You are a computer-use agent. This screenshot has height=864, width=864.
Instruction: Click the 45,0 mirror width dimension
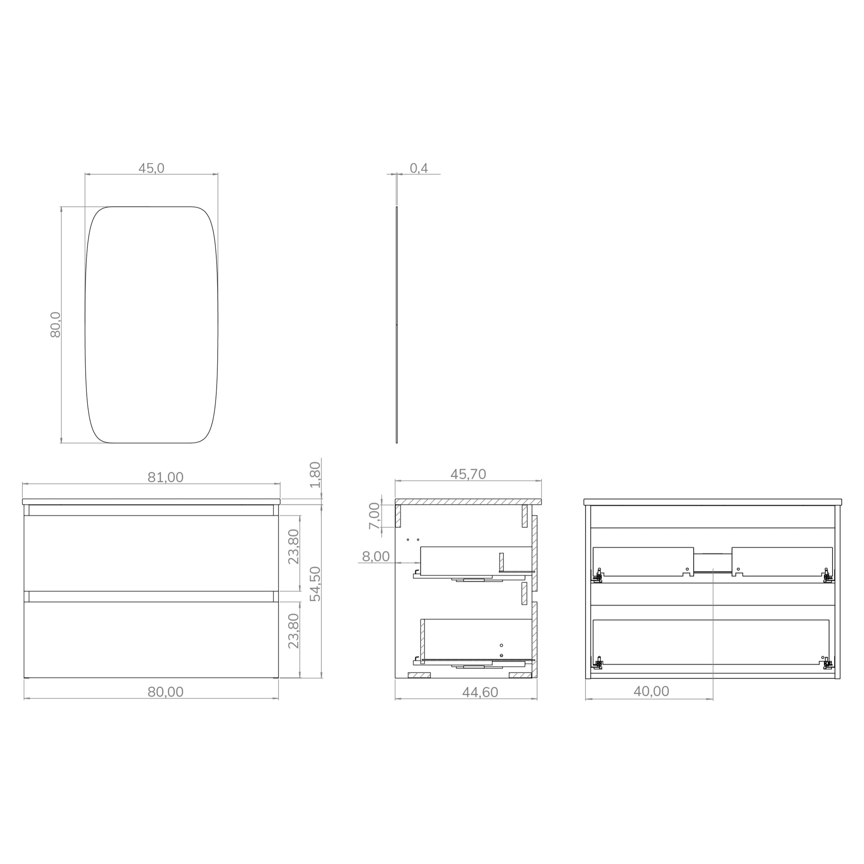(151, 168)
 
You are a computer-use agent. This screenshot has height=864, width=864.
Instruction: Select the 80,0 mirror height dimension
(55, 325)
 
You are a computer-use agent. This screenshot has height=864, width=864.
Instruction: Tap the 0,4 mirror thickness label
(419, 168)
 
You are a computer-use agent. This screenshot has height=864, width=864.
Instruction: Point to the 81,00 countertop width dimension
(165, 477)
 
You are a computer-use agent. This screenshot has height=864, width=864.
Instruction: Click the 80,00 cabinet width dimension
(165, 692)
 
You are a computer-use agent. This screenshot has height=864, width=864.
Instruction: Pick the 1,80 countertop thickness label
(315, 475)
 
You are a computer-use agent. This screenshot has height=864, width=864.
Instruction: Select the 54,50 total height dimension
(315, 584)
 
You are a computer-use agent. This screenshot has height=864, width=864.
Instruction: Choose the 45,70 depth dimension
(468, 474)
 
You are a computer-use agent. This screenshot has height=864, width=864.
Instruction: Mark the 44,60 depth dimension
(480, 692)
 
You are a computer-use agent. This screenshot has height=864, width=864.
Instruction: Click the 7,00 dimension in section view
(374, 516)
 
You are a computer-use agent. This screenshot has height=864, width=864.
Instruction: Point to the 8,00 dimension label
(375, 557)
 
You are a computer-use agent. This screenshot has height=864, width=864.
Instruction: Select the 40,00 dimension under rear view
(651, 691)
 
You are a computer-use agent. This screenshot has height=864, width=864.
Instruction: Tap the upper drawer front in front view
(151, 553)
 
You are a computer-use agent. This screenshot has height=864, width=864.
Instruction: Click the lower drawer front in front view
(151, 640)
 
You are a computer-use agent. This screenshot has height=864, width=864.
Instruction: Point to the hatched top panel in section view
(468, 502)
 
